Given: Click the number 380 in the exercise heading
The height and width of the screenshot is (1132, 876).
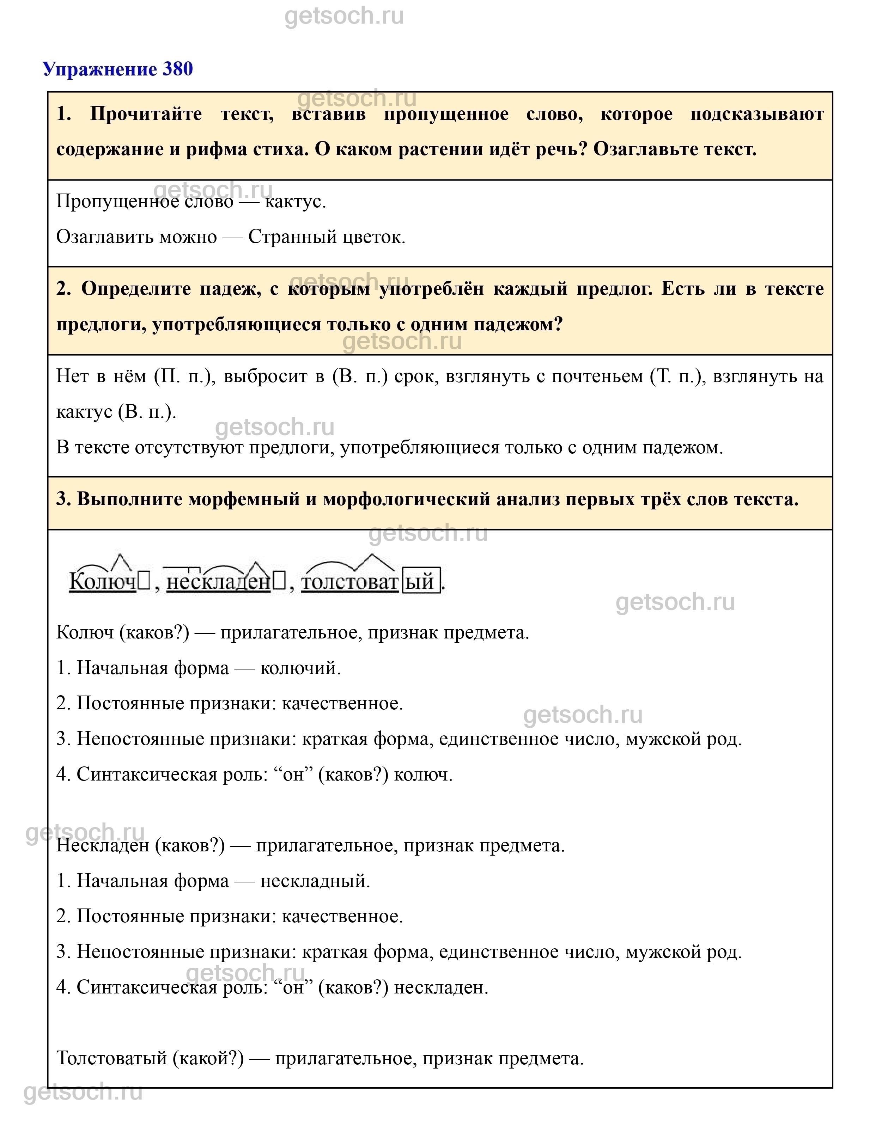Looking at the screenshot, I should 178,69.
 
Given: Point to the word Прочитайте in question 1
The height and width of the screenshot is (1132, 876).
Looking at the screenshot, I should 146,114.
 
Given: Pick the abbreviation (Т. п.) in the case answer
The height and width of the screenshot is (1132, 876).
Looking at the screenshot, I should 678,376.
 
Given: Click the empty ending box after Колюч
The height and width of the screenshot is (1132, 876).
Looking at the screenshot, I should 144,582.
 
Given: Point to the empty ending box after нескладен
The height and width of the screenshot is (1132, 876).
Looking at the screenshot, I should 279,582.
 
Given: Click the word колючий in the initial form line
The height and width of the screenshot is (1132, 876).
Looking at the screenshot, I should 300,668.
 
